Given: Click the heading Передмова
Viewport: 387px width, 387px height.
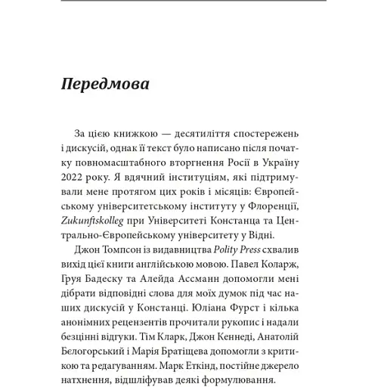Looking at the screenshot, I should [105, 83].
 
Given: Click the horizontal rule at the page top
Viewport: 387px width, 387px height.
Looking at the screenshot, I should [193, 2].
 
